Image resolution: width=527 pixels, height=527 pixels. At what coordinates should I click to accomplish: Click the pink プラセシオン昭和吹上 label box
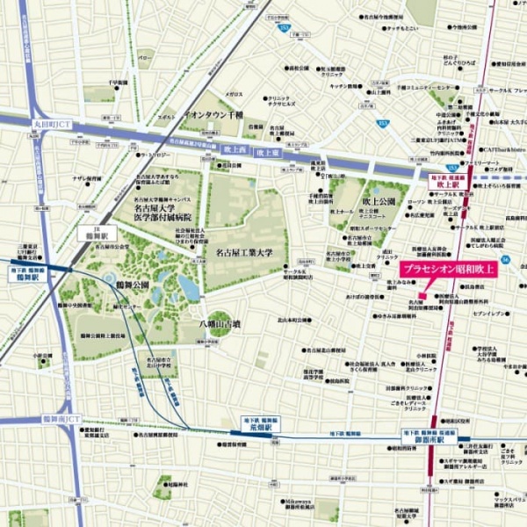(448, 271)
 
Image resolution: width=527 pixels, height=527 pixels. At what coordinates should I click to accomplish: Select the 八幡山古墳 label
(220, 324)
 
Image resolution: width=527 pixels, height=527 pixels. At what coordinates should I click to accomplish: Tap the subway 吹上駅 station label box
(448, 180)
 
